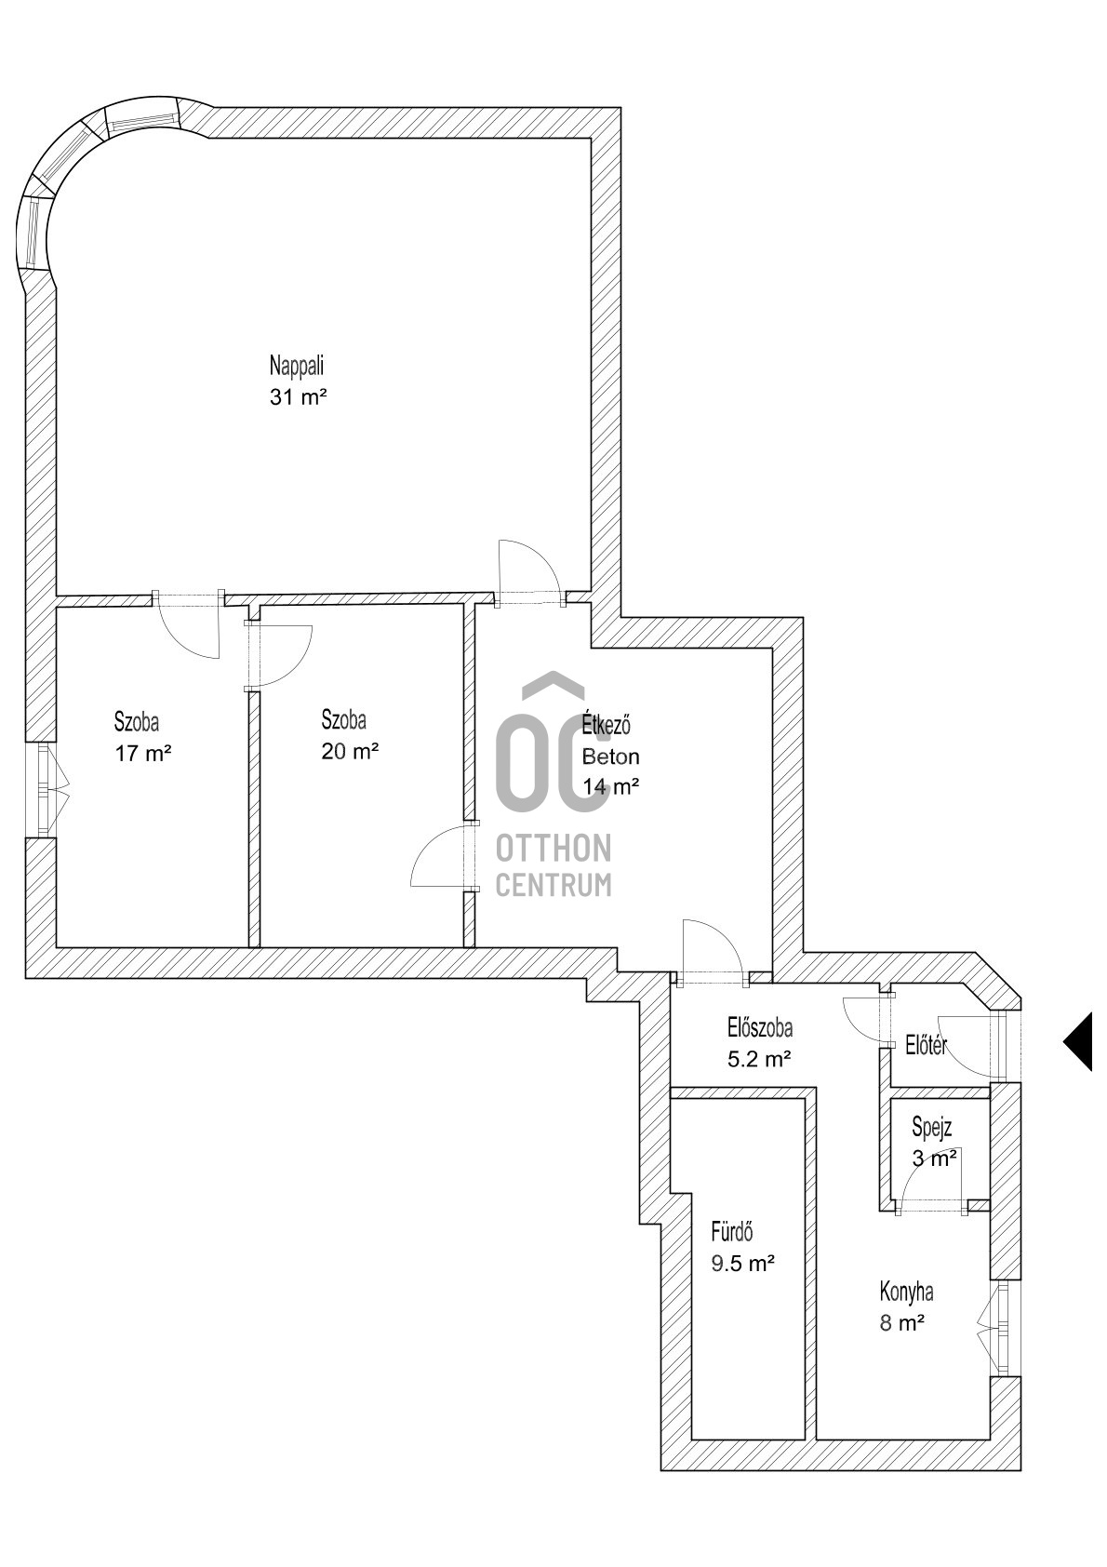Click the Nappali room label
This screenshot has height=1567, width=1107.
point(297,364)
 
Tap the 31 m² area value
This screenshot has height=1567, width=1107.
point(299,397)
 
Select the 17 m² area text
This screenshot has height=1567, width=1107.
point(143,754)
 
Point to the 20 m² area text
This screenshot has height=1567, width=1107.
point(350,751)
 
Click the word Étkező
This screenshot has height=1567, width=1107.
point(607,724)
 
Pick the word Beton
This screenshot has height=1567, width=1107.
point(610,757)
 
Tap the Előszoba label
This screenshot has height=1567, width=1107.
point(759,1027)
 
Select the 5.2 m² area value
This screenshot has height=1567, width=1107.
point(759,1058)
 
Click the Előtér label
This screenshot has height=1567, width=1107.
point(926,1046)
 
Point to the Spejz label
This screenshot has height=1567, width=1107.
point(931,1128)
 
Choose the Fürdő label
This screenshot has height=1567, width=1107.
point(731,1232)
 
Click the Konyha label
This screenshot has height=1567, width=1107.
point(906,1292)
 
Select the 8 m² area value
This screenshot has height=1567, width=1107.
point(901,1322)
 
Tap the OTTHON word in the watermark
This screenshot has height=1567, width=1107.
point(553,848)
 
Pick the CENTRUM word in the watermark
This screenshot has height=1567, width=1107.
point(553,884)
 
